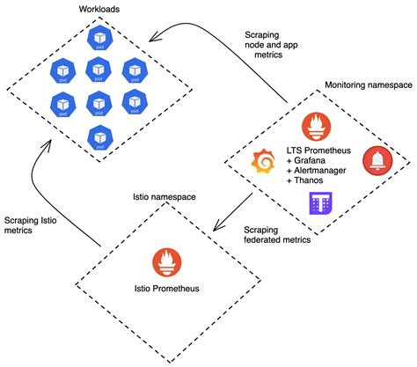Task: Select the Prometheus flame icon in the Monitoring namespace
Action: coord(316,127)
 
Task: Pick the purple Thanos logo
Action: coord(319,204)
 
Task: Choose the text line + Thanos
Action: coord(305,181)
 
